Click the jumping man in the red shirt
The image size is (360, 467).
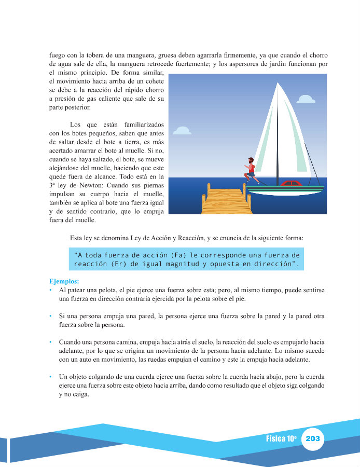point(251,170)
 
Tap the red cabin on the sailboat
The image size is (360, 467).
point(291,183)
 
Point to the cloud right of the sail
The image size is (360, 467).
point(306,99)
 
